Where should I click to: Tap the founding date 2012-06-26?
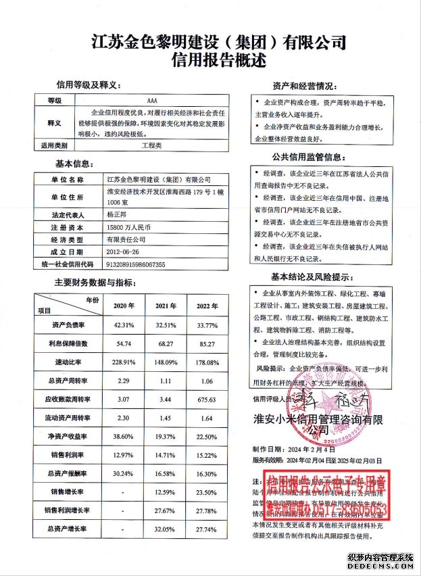124,251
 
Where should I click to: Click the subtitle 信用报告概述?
210,60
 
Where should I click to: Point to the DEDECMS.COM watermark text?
383,569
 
